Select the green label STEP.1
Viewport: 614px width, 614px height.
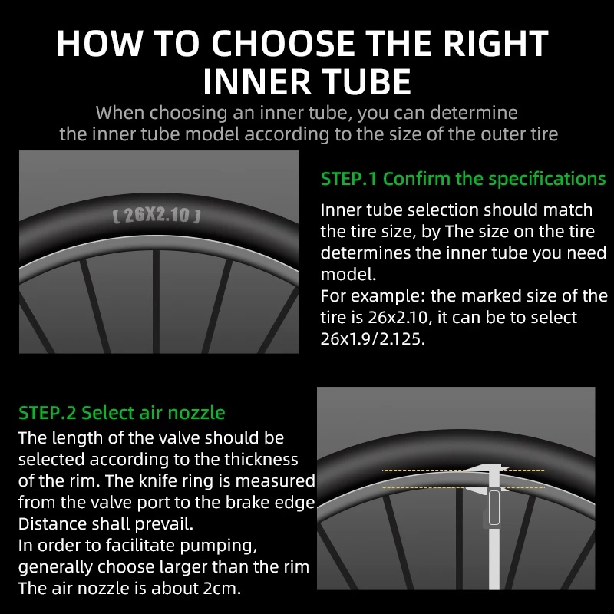pos(349,179)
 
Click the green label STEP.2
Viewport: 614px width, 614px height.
pos(47,413)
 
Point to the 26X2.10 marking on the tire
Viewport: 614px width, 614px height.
pos(157,215)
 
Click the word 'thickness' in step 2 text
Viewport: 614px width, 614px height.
pos(259,460)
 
